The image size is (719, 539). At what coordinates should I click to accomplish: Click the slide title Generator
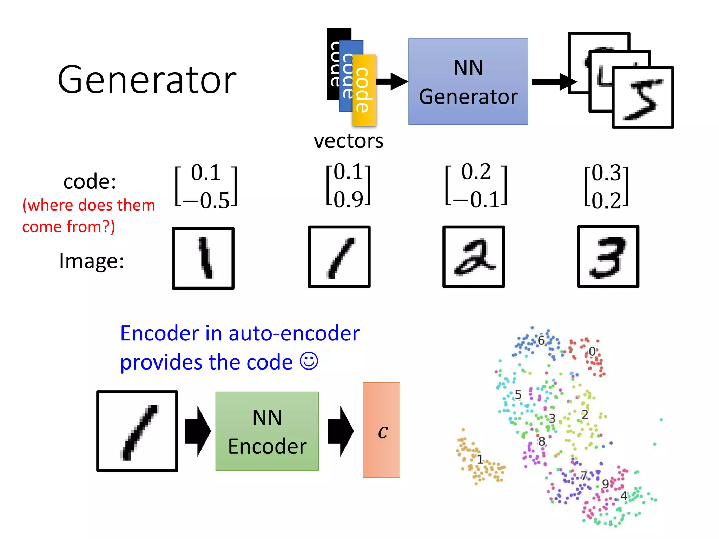(x=147, y=80)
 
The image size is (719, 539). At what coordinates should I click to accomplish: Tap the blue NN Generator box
(x=468, y=81)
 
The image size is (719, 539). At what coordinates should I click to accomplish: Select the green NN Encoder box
(x=267, y=431)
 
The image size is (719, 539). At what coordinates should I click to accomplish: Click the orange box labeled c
(x=381, y=430)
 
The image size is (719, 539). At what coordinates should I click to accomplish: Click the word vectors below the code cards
(x=348, y=141)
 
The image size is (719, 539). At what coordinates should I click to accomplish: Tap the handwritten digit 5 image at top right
(x=642, y=98)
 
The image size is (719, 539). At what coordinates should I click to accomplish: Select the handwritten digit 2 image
(x=473, y=257)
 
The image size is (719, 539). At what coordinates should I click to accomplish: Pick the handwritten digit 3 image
(x=608, y=257)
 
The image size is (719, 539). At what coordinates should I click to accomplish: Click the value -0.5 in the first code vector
(x=207, y=201)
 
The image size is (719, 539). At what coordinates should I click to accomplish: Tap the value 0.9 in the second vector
(x=348, y=199)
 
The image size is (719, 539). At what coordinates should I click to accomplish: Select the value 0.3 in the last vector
(x=606, y=173)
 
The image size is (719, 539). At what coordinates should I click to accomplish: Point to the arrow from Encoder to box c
(x=340, y=431)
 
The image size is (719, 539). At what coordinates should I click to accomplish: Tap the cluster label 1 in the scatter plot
(x=480, y=459)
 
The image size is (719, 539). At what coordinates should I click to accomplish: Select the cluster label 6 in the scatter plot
(x=541, y=340)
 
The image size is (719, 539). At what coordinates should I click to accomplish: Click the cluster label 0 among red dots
(x=592, y=351)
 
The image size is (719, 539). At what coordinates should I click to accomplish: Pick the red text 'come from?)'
(x=68, y=227)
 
